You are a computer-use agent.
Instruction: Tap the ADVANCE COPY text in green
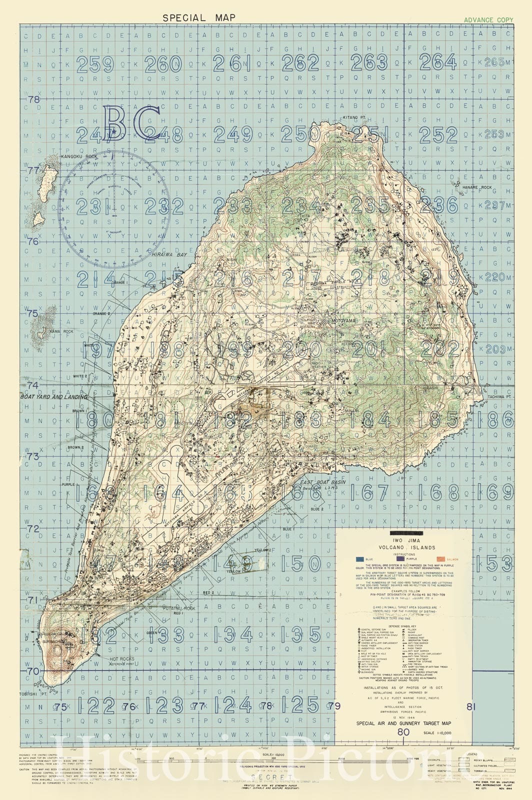(x=488, y=20)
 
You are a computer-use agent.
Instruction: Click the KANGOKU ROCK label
(x=78, y=156)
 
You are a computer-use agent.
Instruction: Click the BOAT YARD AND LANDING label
(x=53, y=396)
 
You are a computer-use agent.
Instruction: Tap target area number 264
(x=438, y=62)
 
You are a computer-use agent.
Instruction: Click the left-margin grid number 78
(x=33, y=99)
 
